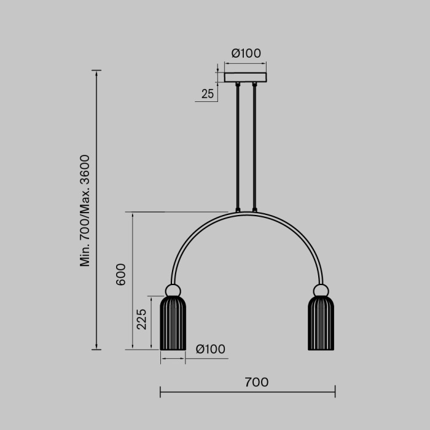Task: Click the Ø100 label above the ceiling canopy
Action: tap(246, 53)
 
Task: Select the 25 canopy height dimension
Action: tap(208, 94)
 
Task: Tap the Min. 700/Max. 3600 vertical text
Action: tap(85, 211)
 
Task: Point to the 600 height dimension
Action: tap(120, 275)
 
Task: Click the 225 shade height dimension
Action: tap(142, 319)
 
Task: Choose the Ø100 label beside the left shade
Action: tap(210, 350)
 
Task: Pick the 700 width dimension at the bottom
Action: tap(256, 382)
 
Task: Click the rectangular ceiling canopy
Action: tap(246, 77)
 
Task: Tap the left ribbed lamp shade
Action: tap(173, 323)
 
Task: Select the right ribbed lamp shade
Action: tap(321, 323)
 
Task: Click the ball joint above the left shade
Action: tap(173, 290)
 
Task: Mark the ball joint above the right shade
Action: tap(321, 290)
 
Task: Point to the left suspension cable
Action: tap(238, 147)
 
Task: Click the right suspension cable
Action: tap(254, 147)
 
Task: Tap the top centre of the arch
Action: tap(246, 213)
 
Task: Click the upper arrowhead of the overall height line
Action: tap(96, 72)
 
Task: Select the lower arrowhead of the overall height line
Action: tap(96, 348)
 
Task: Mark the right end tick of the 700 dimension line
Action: tap(335, 391)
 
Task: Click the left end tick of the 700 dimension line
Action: tap(160, 391)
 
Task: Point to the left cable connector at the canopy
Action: tap(238, 85)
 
